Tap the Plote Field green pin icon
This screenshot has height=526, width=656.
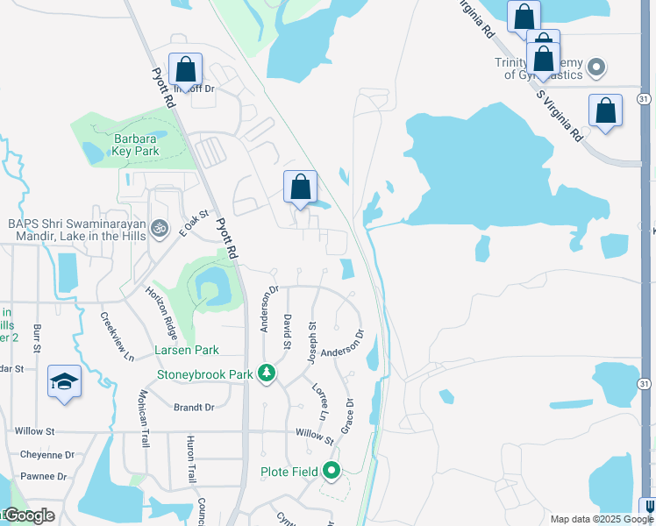click(x=332, y=472)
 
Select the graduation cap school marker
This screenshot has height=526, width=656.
click(x=64, y=381)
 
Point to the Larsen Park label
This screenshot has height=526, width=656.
click(x=187, y=350)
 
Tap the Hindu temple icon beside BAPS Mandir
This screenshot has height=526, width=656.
click(x=159, y=228)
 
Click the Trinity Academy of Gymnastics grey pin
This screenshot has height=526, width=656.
click(x=597, y=68)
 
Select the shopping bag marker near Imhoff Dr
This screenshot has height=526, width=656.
click(x=186, y=69)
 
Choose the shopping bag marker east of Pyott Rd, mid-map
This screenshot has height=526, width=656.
click(x=300, y=187)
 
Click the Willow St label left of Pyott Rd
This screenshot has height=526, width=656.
click(x=34, y=431)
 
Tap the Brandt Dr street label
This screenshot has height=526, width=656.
click(x=194, y=408)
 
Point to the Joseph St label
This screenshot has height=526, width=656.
click(x=312, y=343)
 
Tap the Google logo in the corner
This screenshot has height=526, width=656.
click(x=28, y=515)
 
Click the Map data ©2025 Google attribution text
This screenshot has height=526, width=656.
click(x=602, y=519)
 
